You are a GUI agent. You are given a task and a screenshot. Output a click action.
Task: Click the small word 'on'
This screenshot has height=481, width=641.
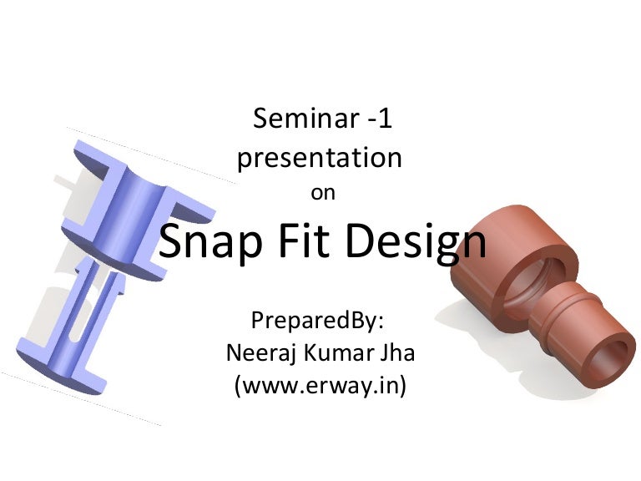pyautogui.click(x=322, y=193)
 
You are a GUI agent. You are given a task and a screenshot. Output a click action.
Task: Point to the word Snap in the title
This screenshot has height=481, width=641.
pyautogui.click(x=211, y=242)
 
